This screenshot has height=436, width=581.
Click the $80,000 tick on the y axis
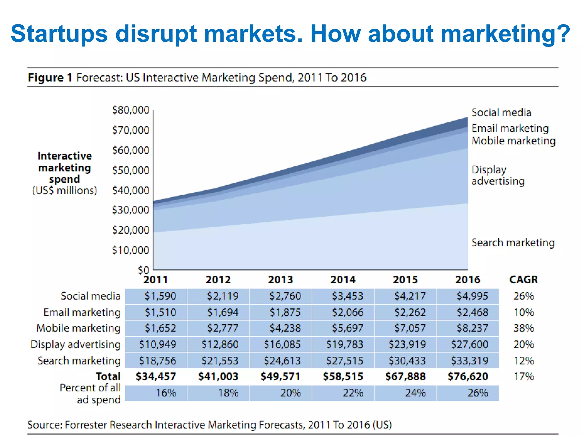click(131, 110)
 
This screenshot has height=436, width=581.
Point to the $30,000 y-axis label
click(131, 210)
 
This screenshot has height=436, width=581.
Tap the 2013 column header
click(281, 280)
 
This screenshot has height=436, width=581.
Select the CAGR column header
click(523, 280)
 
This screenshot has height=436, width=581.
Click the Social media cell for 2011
click(160, 296)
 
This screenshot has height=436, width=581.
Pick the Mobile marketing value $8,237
click(472, 328)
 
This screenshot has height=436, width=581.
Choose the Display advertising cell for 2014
click(344, 345)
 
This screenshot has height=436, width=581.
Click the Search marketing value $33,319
click(470, 361)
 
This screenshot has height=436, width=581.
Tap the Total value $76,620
click(468, 377)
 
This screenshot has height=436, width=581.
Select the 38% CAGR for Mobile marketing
click(523, 328)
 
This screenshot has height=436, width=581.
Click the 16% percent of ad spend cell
click(166, 393)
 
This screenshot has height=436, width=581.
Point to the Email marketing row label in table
click(82, 313)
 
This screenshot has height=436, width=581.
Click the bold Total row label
click(108, 377)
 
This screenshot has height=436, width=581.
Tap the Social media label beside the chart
click(501, 113)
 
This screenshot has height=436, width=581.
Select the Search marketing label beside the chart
click(513, 243)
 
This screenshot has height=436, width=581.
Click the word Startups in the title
click(59, 34)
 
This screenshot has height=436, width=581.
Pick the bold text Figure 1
click(50, 77)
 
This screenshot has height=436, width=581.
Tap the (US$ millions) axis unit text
click(65, 190)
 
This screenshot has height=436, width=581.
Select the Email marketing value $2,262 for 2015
click(410, 313)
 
